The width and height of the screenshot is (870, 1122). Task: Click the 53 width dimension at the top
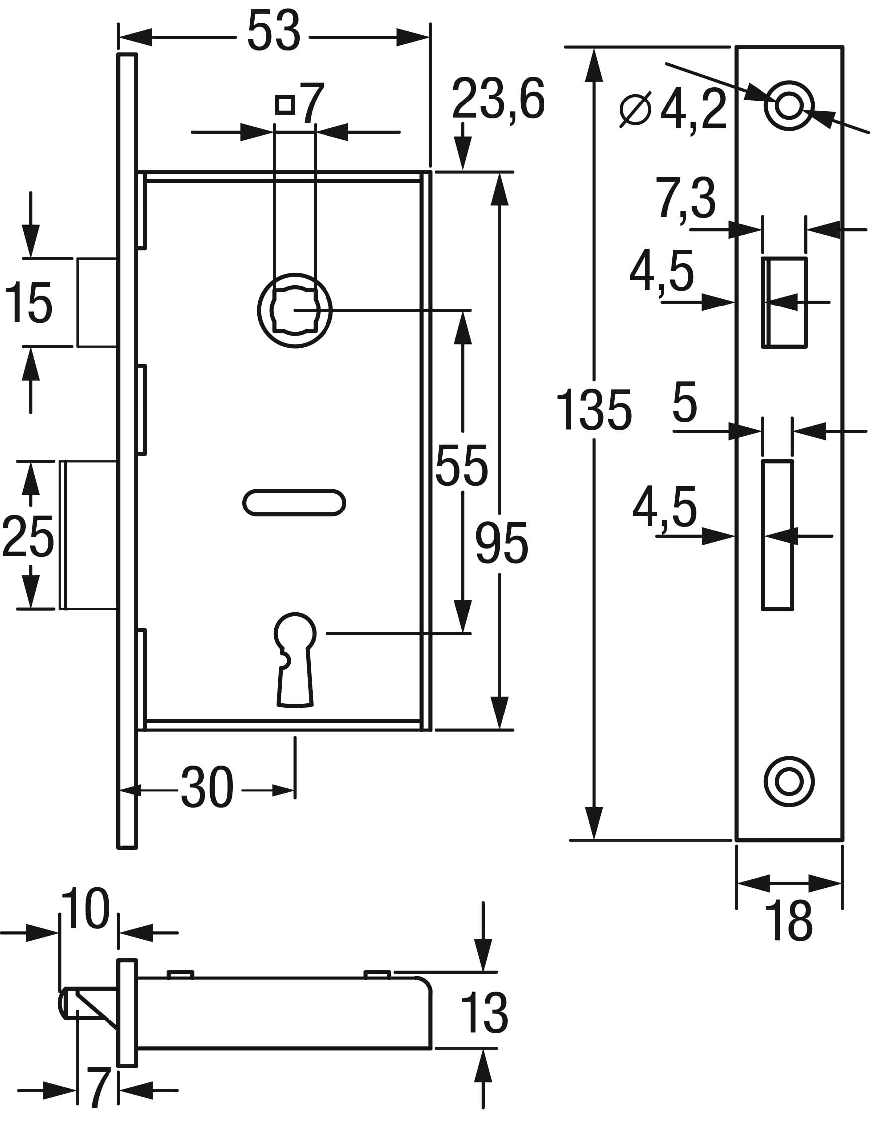point(273,31)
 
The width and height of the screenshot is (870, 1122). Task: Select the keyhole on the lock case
point(295,660)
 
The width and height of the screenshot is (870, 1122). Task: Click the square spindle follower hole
point(295,310)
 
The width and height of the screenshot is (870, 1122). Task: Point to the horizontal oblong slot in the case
point(294,503)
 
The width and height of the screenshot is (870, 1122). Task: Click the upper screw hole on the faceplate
point(789,106)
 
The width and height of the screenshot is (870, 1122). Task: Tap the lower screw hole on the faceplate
point(789,781)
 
